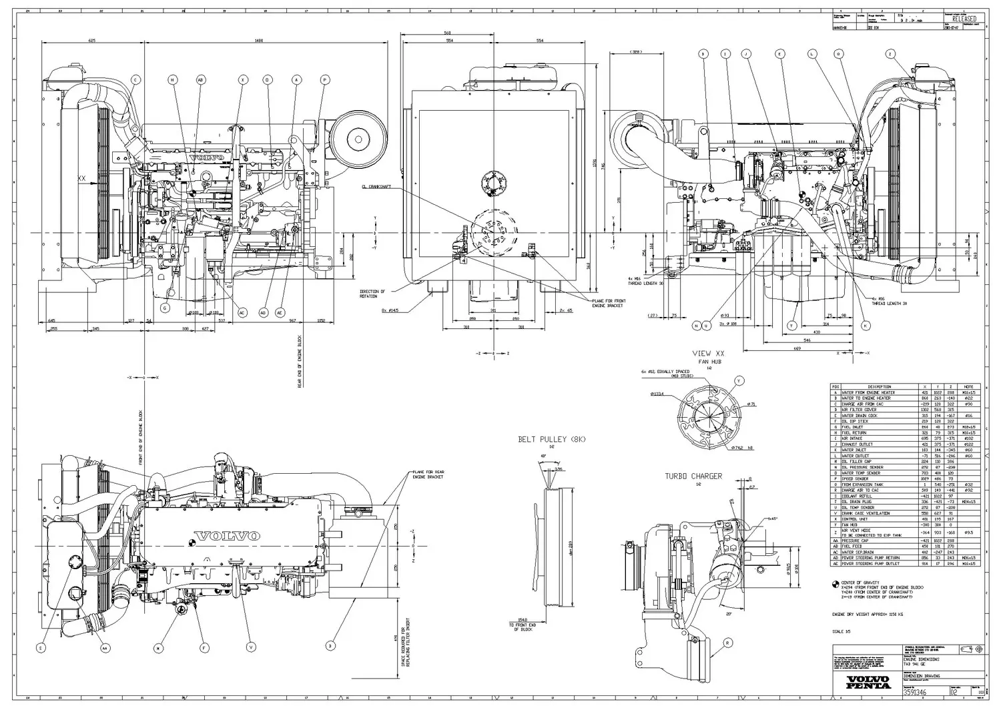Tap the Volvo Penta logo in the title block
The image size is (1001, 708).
point(868,683)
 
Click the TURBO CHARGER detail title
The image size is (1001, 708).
point(693,476)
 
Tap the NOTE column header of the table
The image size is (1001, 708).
point(968,386)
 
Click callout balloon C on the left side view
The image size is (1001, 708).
point(135,80)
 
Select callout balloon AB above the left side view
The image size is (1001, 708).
point(201,80)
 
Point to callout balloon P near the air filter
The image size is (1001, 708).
point(325,80)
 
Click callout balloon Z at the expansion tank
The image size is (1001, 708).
point(890,53)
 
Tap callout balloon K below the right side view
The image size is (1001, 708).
point(866,326)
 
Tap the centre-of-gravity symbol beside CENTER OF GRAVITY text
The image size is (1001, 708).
point(834,584)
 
